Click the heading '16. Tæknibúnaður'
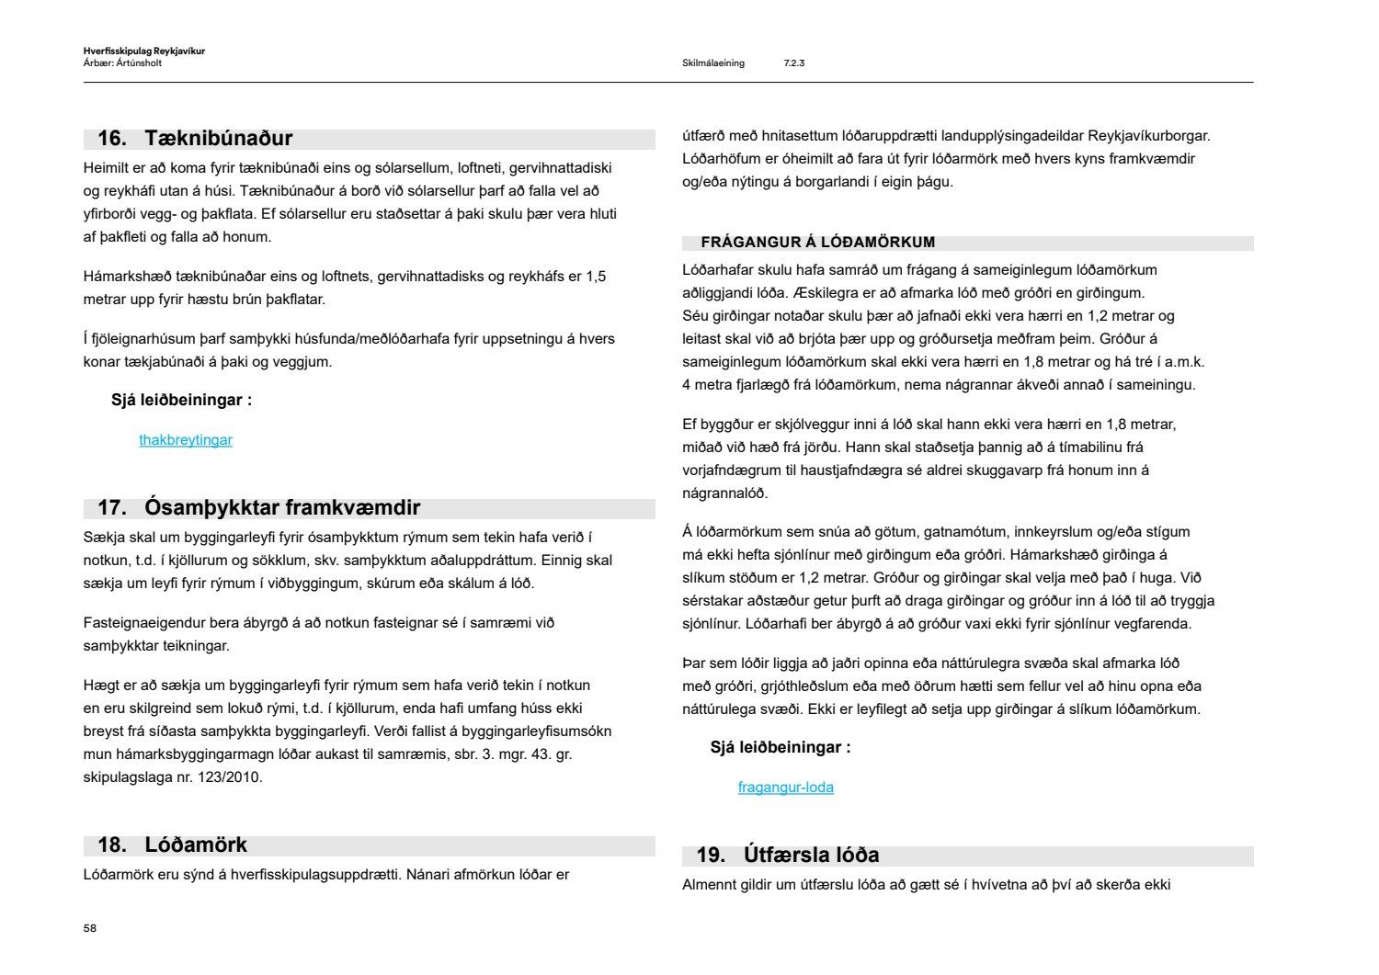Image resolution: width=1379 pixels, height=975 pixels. tap(195, 139)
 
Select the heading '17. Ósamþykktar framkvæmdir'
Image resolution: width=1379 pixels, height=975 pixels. tap(258, 508)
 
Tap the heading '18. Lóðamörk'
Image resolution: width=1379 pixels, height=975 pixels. tap(172, 845)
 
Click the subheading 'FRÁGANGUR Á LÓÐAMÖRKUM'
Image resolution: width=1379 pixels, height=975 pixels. tap(817, 243)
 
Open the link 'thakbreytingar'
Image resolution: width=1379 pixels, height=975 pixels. tap(186, 440)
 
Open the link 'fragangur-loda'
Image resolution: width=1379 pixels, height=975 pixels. tap(785, 788)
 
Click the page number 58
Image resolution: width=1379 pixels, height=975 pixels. tap(89, 928)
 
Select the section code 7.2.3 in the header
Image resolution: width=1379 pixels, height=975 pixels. tap(793, 63)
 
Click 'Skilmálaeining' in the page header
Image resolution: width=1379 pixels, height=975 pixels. tap(712, 63)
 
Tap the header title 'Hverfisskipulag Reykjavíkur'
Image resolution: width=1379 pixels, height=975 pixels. tap(143, 51)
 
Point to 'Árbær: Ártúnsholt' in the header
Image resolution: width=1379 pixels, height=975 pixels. tap(122, 63)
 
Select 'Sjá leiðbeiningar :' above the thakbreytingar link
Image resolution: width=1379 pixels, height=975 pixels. tap(181, 401)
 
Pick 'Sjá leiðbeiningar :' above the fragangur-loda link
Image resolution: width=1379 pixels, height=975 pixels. tap(780, 748)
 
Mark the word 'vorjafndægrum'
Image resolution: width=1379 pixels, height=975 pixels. tap(726, 470)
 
